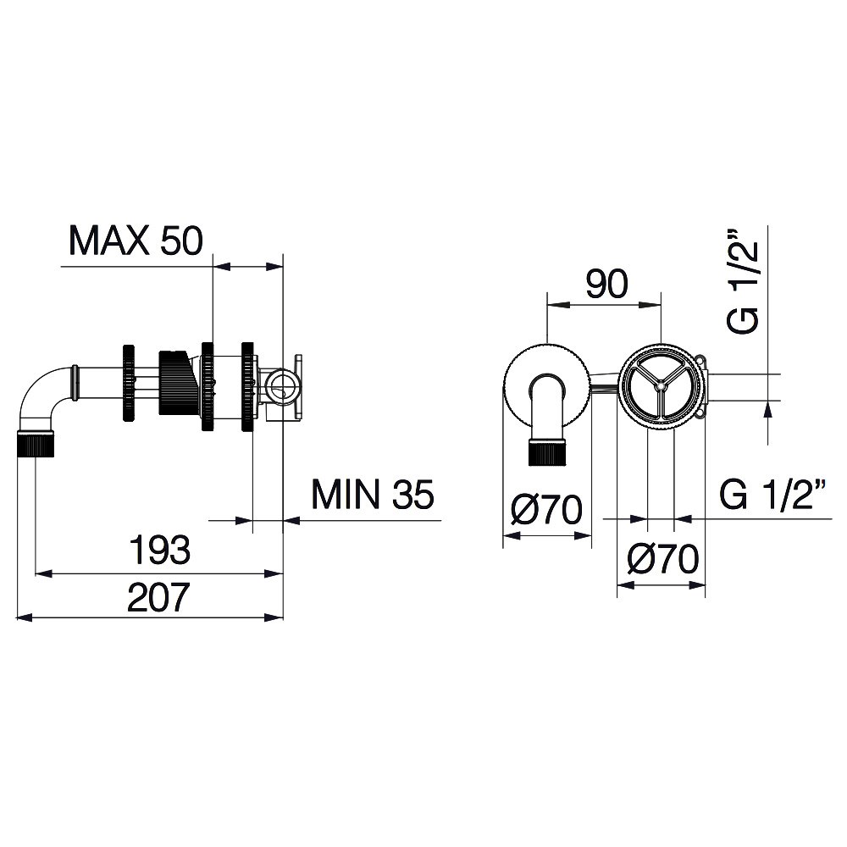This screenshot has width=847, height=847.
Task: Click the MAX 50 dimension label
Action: [136, 241]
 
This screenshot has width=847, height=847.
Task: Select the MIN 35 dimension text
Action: [373, 495]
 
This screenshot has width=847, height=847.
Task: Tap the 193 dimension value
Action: [160, 550]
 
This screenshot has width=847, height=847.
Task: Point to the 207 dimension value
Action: [159, 596]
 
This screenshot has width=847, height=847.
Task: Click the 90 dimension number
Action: [607, 284]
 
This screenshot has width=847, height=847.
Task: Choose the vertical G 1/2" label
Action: [744, 283]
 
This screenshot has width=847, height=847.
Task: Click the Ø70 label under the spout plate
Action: [546, 509]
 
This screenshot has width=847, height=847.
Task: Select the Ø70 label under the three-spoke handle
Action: [663, 559]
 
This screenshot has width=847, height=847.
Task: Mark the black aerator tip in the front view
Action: [547, 452]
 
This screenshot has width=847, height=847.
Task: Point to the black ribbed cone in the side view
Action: [174, 383]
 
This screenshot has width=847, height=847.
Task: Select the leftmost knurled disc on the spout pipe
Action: [129, 383]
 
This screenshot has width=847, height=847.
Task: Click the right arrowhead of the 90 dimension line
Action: [650, 305]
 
